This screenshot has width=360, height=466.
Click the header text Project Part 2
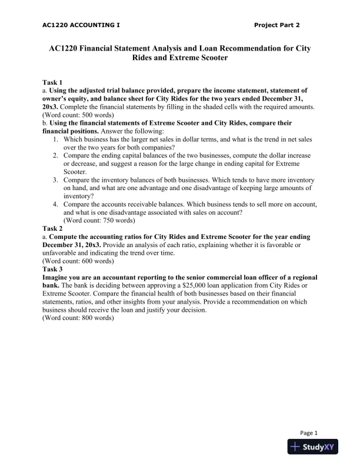point(277,25)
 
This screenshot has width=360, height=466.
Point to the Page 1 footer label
point(308,432)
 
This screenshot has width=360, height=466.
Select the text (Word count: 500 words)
point(78,115)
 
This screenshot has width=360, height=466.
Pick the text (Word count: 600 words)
point(78,261)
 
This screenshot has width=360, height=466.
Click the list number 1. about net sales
point(55,139)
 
